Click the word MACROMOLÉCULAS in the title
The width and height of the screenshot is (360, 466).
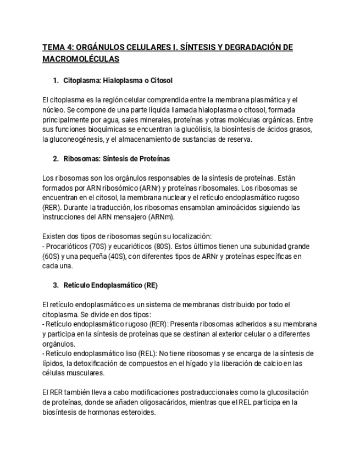(x=80, y=58)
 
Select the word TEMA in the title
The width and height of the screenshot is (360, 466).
(x=54, y=47)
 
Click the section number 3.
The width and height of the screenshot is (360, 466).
(x=56, y=285)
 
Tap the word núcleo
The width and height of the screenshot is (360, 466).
(x=52, y=110)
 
